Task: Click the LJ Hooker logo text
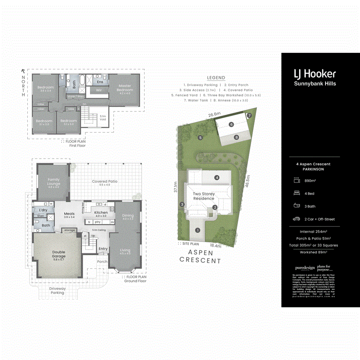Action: (315, 74)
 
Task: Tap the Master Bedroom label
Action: (125, 88)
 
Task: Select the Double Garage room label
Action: (58, 254)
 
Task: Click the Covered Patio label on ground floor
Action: (105, 183)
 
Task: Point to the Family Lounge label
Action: (54, 182)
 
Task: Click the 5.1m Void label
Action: (103, 118)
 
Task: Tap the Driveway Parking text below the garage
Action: (57, 290)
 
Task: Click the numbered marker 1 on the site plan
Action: (197, 230)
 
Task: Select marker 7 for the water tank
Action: (249, 116)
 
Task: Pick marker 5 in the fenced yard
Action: (200, 138)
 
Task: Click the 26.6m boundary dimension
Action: (214, 114)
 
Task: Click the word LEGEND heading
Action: (216, 78)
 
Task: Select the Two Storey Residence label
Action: (204, 196)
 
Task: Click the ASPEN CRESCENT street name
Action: (200, 256)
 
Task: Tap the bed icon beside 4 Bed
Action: (297, 193)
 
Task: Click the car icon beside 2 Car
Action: (297, 219)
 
